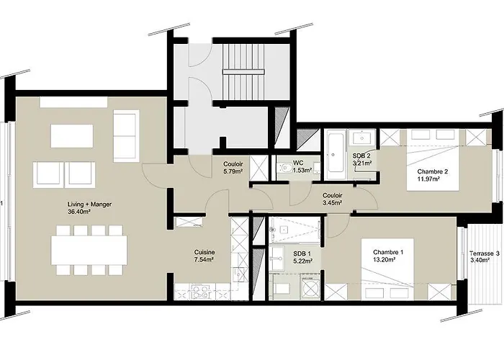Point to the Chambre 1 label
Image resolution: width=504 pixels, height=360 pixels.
pyautogui.click(x=388, y=252)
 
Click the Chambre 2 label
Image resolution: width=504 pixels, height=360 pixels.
pyautogui.click(x=433, y=171)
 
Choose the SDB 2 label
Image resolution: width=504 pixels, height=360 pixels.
pyautogui.click(x=361, y=156)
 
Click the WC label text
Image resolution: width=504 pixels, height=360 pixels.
pyautogui.click(x=298, y=163)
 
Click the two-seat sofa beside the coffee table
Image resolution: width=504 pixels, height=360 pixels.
pyautogui.click(x=126, y=135)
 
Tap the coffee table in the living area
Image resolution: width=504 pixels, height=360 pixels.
pyautogui.click(x=72, y=135)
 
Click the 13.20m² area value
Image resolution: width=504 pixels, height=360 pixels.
pyautogui.click(x=387, y=261)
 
